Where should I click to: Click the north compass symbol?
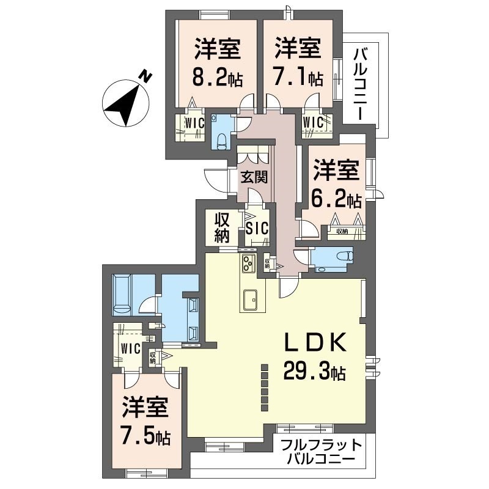127,100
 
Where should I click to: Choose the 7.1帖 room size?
297,77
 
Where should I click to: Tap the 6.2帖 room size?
336,199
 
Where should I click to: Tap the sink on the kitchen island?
251,300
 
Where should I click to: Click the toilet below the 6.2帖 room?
345,256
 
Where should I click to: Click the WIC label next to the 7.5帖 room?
131,348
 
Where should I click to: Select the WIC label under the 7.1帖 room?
313,121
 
